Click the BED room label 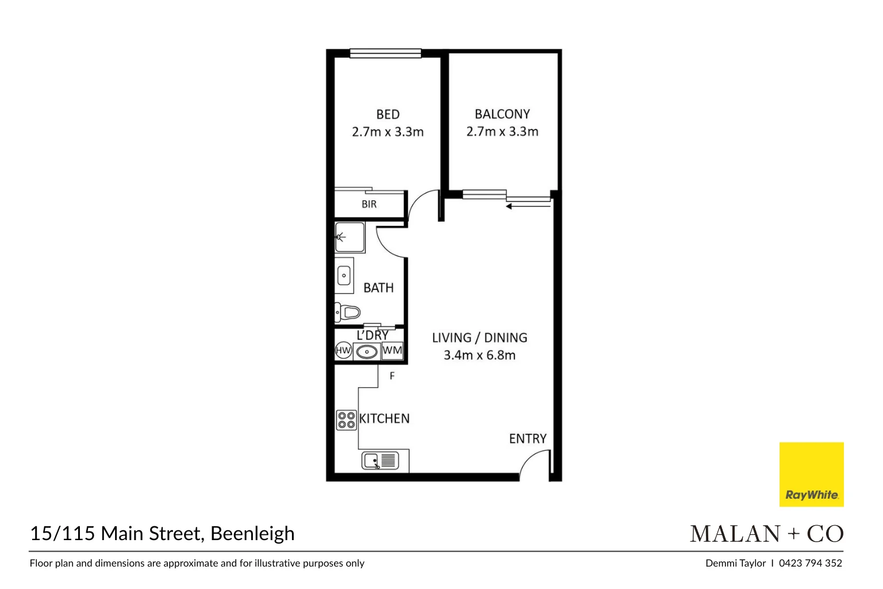point(387,114)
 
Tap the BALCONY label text point(502,114)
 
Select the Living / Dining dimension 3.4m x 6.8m point(479,355)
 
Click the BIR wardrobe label point(369,204)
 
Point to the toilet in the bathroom point(348,312)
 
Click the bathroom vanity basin point(344,276)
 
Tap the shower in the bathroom point(350,237)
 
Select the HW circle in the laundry point(343,350)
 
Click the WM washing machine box point(392,350)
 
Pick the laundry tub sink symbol point(366,351)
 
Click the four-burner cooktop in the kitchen point(347,420)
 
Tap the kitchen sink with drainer point(380,461)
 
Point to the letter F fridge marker point(392,376)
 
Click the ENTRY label point(527,439)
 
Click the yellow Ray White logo point(811,475)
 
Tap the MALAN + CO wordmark point(766,534)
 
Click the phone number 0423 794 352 point(810,563)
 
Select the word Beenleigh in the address point(252,534)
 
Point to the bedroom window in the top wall point(385,53)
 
